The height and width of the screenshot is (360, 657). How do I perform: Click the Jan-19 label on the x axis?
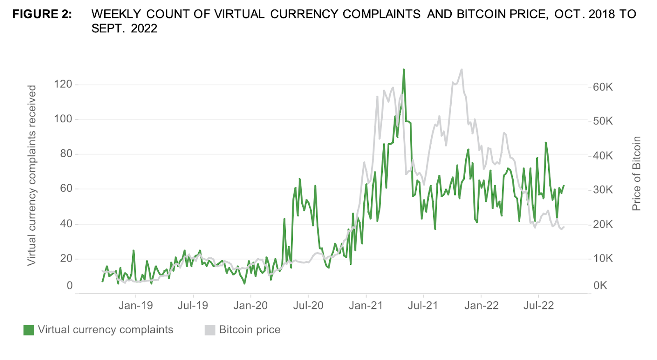coord(136,305)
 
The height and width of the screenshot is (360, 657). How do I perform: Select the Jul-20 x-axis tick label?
coord(308,305)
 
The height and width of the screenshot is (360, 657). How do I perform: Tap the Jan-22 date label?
coord(481,305)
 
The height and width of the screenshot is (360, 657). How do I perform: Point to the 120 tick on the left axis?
coord(63,84)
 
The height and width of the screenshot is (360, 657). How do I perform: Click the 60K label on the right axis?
coord(602,87)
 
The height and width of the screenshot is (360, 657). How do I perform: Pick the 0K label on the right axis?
coord(600,285)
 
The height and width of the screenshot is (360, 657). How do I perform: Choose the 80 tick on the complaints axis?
coord(66,154)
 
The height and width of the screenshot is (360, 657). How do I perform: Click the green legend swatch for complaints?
coord(29,330)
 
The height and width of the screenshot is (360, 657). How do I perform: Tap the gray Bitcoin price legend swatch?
coord(210,330)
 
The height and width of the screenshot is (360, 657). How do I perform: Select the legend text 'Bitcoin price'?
coord(250,330)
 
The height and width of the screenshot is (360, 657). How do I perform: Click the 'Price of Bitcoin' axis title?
coord(636,174)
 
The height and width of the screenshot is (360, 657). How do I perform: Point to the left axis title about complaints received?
coord(32,175)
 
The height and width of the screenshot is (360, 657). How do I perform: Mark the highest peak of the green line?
coord(404,70)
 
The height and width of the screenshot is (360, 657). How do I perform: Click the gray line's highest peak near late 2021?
coord(462,70)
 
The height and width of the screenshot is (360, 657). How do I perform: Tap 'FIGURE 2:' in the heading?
coord(42,14)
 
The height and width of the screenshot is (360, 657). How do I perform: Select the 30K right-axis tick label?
coord(602,190)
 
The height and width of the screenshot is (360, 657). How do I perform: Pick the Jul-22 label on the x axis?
coord(538,305)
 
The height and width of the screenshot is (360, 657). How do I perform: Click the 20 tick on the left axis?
coord(66,258)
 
